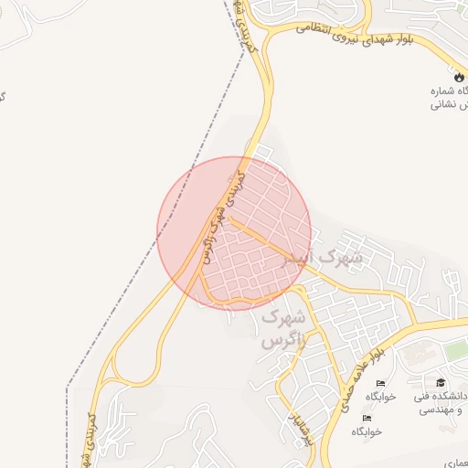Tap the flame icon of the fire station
(x=458, y=78)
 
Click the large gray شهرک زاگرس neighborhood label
(x=281, y=329)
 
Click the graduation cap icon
(x=441, y=382)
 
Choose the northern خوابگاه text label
(x=385, y=397)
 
